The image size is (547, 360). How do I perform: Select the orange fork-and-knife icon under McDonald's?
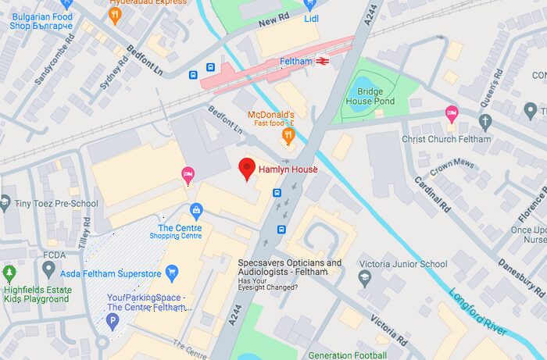(x=288, y=137)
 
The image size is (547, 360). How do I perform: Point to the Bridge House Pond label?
(x=370, y=96)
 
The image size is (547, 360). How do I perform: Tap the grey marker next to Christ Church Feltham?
(x=485, y=122)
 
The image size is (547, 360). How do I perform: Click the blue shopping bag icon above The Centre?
(x=196, y=210)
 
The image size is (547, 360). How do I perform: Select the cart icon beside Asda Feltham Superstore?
(x=172, y=273)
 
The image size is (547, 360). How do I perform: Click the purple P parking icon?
(x=113, y=321)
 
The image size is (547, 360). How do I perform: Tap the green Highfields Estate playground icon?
(x=9, y=273)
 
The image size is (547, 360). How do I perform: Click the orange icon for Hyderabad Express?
(x=116, y=14)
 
